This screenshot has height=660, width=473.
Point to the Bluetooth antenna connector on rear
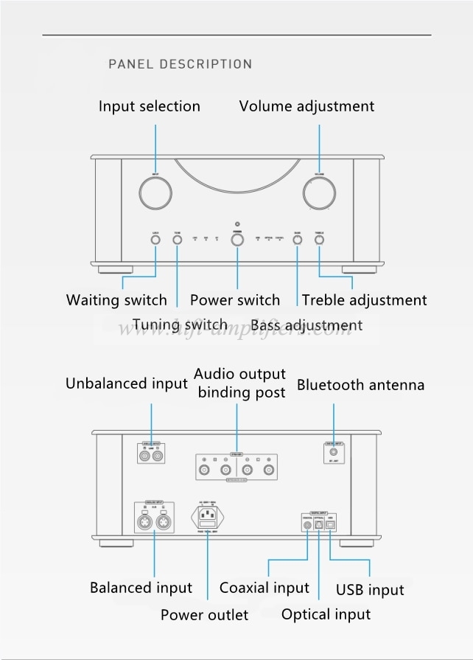pos(334,450)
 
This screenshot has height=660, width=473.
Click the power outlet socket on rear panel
pos(208,514)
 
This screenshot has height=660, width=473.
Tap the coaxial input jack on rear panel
pos(307,525)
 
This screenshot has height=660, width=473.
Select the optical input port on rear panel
pos(319,525)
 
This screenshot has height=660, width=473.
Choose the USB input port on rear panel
pos(330,525)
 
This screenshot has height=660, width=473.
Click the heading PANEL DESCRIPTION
pos(181,64)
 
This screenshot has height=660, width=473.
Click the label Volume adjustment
pos(306,106)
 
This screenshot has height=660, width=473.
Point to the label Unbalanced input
pos(127,383)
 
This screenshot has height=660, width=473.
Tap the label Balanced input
pos(141,588)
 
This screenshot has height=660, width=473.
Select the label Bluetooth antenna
pos(360,384)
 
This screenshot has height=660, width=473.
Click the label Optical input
pos(326,614)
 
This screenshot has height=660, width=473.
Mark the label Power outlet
pos(204,614)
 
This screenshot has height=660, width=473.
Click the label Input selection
pos(150,106)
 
